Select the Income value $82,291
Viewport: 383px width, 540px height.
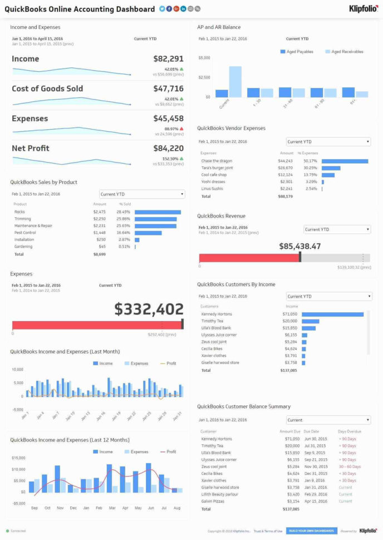(x=168, y=59)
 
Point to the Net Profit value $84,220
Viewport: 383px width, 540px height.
(x=168, y=148)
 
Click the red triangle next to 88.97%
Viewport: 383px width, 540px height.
(x=181, y=129)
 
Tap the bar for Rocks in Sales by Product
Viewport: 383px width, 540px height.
(x=158, y=212)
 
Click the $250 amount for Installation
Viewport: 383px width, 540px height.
(x=100, y=239)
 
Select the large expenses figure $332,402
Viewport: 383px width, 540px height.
(x=149, y=310)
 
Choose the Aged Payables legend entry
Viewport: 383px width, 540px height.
(x=297, y=52)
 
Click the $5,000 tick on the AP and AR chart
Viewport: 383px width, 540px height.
(x=204, y=58)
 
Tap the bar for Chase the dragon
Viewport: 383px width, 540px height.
(x=345, y=161)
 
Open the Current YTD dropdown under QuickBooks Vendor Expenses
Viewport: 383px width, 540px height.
(x=328, y=142)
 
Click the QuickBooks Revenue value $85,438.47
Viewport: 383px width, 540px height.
(x=299, y=246)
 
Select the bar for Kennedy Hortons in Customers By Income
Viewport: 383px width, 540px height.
(x=332, y=315)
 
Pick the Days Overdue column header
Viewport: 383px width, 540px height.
(x=349, y=431)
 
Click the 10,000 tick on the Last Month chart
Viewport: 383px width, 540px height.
(x=17, y=370)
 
